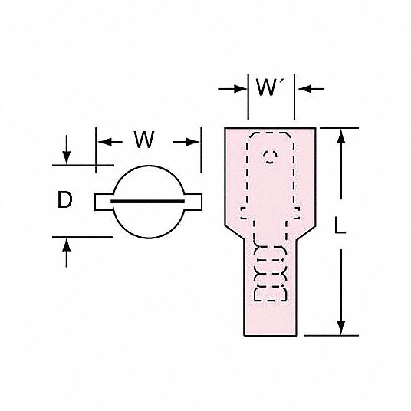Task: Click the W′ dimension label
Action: (x=267, y=87)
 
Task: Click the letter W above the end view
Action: (x=144, y=140)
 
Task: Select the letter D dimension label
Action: (x=64, y=199)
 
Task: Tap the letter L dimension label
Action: (x=340, y=225)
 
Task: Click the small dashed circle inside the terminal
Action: (x=270, y=157)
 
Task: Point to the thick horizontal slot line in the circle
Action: (x=147, y=202)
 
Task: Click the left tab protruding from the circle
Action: (x=104, y=202)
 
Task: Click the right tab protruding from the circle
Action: (x=193, y=202)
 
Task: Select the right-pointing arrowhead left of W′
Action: (x=240, y=89)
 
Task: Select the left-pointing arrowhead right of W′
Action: (x=304, y=89)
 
